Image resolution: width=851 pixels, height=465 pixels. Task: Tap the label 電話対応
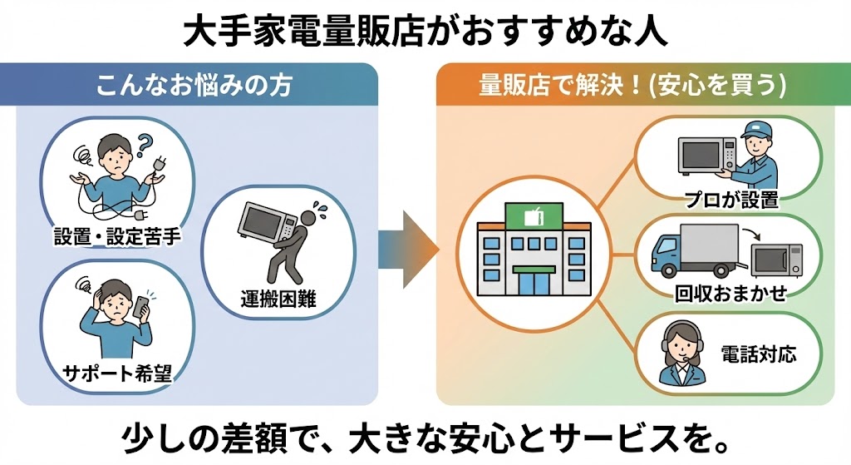coord(759,355)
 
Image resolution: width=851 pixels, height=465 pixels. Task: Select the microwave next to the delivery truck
coord(777,260)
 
